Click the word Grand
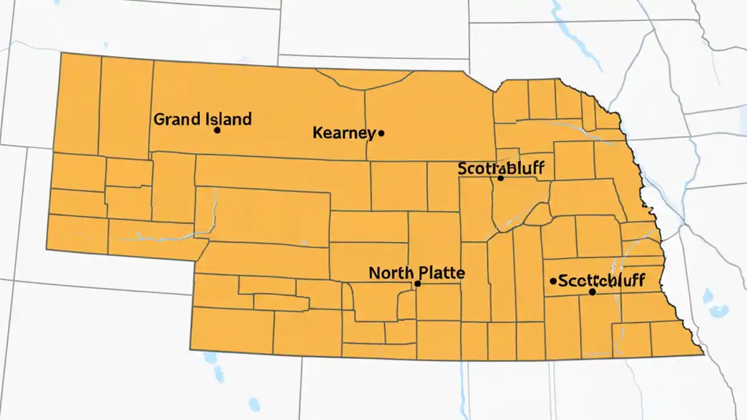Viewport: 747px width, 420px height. click(x=179, y=120)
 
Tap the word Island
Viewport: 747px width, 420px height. click(x=229, y=119)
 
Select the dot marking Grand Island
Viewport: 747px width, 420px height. click(x=217, y=130)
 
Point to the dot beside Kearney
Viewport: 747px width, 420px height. click(x=382, y=133)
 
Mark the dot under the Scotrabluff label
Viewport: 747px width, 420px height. click(x=500, y=178)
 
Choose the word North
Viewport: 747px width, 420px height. click(x=390, y=272)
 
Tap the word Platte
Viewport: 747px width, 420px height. click(x=440, y=272)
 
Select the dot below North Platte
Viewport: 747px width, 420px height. click(x=417, y=283)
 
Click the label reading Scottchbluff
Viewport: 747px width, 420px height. click(x=602, y=281)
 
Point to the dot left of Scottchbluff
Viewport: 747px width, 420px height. click(x=553, y=281)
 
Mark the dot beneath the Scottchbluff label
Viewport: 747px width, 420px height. click(x=592, y=292)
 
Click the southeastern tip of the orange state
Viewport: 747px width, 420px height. click(x=703, y=353)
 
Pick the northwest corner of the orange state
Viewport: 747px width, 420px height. click(x=62, y=54)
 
